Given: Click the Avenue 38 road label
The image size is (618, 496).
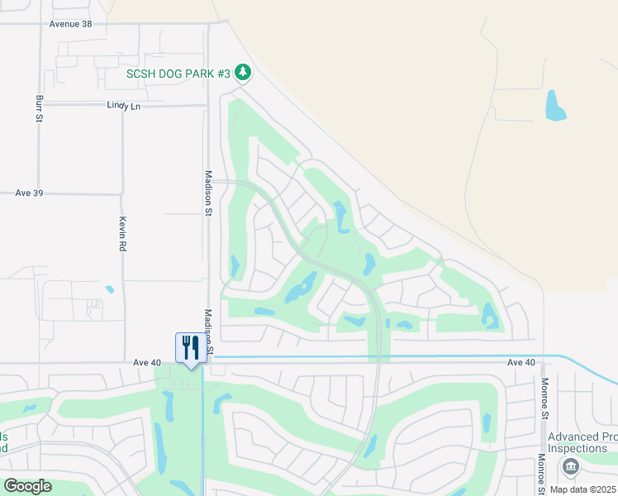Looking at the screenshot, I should [x=70, y=24].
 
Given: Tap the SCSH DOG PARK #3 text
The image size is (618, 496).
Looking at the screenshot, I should [x=178, y=74].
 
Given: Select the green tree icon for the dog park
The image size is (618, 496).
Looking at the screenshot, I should [x=242, y=74].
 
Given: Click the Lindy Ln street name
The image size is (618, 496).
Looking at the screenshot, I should [x=124, y=106].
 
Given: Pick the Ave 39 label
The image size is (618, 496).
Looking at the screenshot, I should [x=29, y=193].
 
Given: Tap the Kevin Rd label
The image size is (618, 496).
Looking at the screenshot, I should [x=121, y=235].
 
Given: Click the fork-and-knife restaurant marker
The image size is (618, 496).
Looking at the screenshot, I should [x=190, y=347].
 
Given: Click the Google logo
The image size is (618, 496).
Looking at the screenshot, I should [x=27, y=486].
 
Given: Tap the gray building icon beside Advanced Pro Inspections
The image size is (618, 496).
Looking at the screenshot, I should [x=571, y=468].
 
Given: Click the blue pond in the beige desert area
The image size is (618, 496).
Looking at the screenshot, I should [x=554, y=105].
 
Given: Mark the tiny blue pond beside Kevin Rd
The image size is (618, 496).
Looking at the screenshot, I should [x=109, y=289].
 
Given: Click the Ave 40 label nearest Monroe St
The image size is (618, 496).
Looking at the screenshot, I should [x=521, y=362].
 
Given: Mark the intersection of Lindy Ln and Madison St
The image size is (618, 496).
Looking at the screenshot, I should [x=207, y=106].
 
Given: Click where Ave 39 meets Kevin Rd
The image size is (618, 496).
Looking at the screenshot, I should [x=122, y=194].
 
